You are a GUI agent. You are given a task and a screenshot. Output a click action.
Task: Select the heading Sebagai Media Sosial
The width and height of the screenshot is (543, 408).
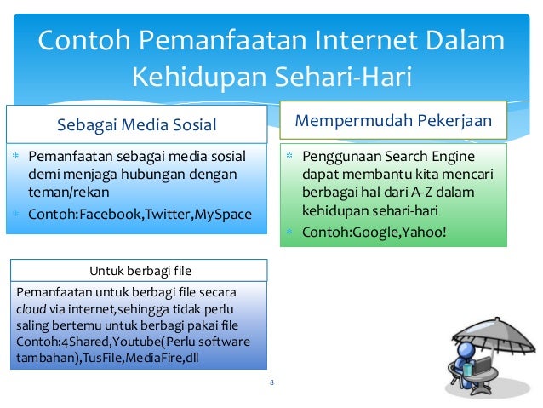click(136, 126)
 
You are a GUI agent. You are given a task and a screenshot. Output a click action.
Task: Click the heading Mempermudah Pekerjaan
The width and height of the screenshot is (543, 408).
click(393, 120)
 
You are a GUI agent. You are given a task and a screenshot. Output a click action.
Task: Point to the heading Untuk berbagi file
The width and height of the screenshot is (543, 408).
click(140, 271)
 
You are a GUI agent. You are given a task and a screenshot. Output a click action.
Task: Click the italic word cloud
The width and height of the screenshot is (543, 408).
click(30, 309)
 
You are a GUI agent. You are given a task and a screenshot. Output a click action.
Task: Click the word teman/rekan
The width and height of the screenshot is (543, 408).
click(64, 193)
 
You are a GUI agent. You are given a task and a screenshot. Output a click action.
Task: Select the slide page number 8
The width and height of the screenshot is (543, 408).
click(271, 382)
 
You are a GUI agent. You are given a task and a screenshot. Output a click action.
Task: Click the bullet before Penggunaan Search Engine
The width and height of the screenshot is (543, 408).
click(289, 157)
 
